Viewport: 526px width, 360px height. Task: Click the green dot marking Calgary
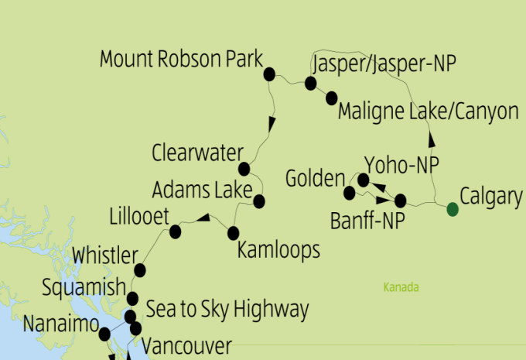pyautogui.click(x=453, y=208)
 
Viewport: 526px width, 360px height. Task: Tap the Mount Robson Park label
pyautogui.click(x=183, y=60)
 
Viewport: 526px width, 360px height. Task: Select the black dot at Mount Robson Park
pyautogui.click(x=270, y=74)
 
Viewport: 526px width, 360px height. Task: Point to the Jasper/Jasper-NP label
pyautogui.click(x=385, y=63)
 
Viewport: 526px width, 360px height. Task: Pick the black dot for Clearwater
pyautogui.click(x=244, y=169)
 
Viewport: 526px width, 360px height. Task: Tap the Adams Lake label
pyautogui.click(x=202, y=190)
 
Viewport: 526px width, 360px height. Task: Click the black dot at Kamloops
pyautogui.click(x=232, y=231)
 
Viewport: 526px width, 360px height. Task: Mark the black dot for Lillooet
pyautogui.click(x=176, y=231)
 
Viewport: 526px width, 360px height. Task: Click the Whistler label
pyautogui.click(x=104, y=256)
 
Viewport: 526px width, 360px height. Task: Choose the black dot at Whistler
pyautogui.click(x=140, y=269)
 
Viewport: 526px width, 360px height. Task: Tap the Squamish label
pyautogui.click(x=84, y=288)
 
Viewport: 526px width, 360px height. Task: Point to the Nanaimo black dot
pyautogui.click(x=104, y=334)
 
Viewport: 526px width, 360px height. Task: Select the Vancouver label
pyautogui.click(x=187, y=346)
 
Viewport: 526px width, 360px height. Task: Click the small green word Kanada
pyautogui.click(x=401, y=288)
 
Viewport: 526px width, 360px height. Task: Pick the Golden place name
pyautogui.click(x=315, y=179)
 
